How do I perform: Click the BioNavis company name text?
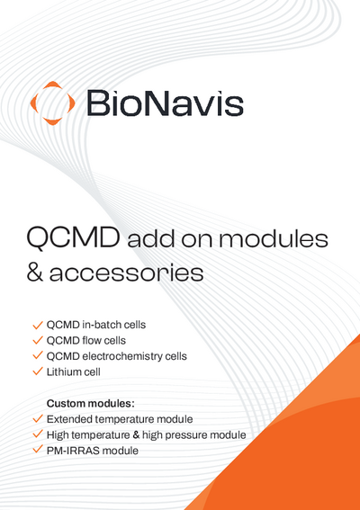[165, 102]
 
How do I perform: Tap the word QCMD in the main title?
[73, 238]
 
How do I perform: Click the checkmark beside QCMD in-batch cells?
[38, 324]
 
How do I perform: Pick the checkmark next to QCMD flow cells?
[38, 340]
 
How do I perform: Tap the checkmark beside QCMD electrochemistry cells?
[38, 355]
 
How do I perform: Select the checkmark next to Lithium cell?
[38, 371]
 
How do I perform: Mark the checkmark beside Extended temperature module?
[38, 419]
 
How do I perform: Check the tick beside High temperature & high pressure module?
[38, 434]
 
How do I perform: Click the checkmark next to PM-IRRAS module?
[38, 450]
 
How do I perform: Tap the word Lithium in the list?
[63, 371]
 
